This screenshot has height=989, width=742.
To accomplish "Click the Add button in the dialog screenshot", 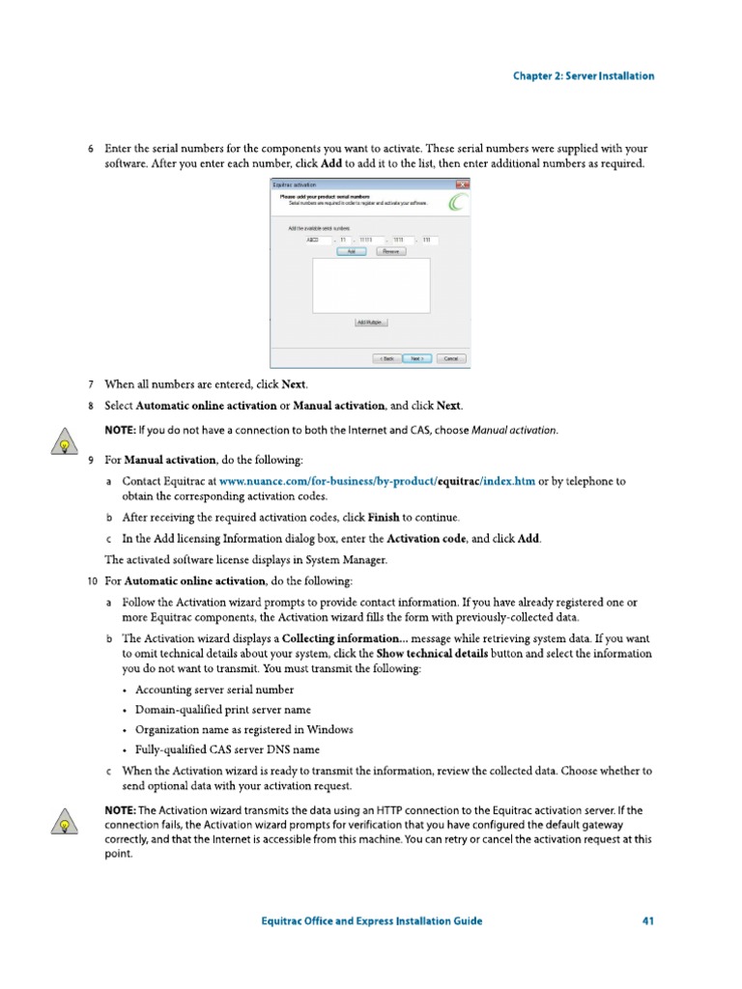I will (351, 251).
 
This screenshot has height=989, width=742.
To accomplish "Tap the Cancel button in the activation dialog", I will (450, 357).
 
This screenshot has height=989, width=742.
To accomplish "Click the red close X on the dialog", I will (463, 184).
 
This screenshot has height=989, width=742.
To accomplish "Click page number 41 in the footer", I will (648, 920).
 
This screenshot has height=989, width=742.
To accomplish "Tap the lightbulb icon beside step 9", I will (63, 445).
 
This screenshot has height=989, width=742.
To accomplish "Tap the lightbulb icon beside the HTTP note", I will (63, 824).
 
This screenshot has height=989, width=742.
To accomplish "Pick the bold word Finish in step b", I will (384, 517).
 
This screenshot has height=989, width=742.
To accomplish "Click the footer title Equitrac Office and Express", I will (372, 920).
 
